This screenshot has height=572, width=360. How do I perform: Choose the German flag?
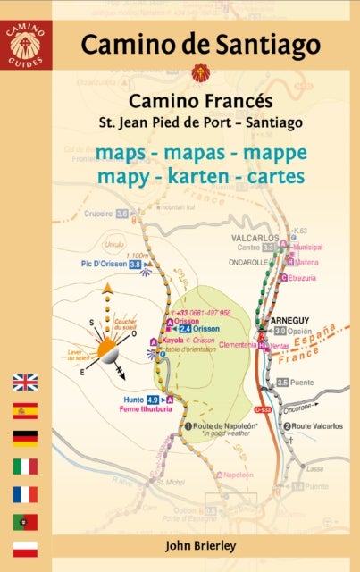click(x=25, y=438)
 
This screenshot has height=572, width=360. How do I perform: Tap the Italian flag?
click(x=25, y=466)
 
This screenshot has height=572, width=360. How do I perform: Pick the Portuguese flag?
click(x=25, y=521)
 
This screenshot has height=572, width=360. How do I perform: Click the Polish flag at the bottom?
click(x=25, y=548)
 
